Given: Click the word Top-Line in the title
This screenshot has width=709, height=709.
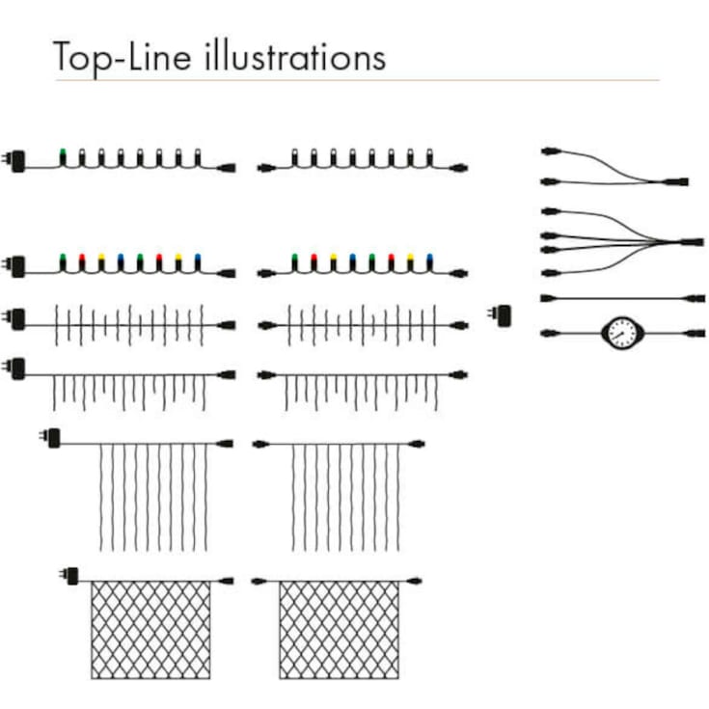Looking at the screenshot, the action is point(123,58).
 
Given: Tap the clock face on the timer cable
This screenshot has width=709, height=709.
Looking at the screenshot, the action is point(622,333).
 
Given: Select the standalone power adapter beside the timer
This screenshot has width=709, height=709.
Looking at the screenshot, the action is point(500,315).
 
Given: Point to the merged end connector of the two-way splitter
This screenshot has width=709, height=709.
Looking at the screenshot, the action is point(674,181).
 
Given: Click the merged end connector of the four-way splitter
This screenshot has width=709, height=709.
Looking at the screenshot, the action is point(690,242).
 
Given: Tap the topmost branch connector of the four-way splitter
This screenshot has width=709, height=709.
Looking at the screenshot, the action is point(551,211).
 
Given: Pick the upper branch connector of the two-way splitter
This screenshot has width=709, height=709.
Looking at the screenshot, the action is point(551,151).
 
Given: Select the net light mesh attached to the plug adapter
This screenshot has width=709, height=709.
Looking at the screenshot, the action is point(150,629).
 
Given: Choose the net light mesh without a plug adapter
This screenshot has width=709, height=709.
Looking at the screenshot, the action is point(340,629).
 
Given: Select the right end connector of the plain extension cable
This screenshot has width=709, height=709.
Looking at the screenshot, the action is point(695,298).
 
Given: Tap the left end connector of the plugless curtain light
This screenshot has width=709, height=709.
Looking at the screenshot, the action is point(259,444).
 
